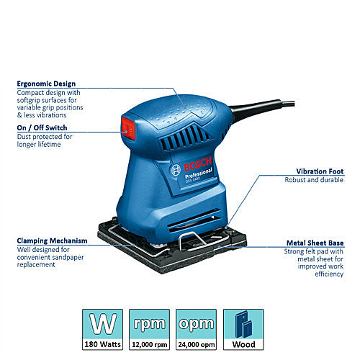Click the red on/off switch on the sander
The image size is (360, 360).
(128, 128)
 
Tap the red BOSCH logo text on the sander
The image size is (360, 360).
(198, 163)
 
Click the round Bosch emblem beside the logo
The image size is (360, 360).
(176, 170)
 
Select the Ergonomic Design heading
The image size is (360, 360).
(46, 84)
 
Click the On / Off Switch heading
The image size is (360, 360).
(42, 127)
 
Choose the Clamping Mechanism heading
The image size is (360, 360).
(52, 240)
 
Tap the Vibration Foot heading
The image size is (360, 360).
(320, 171)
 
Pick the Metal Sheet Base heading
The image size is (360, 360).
(315, 243)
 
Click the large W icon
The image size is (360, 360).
(103, 324)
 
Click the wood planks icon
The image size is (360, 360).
(243, 324)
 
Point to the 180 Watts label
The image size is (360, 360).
(102, 344)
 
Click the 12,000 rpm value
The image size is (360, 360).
(149, 345)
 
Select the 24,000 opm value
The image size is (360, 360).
(197, 345)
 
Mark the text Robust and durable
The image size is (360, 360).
(314, 180)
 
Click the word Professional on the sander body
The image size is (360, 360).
(199, 173)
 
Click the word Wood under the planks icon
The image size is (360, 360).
(243, 345)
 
